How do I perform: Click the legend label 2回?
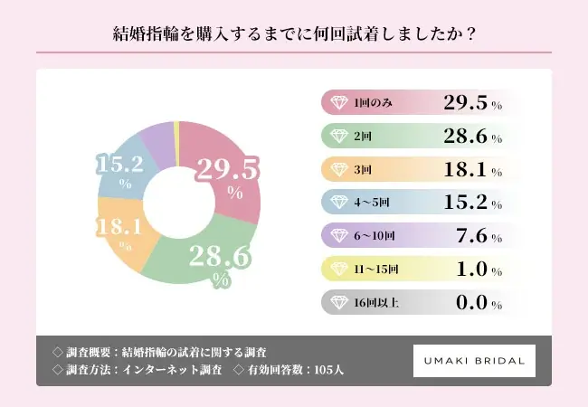(364, 136)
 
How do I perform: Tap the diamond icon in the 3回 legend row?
(338, 169)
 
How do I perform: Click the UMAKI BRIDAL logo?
(474, 360)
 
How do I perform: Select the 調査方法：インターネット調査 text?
(139, 369)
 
